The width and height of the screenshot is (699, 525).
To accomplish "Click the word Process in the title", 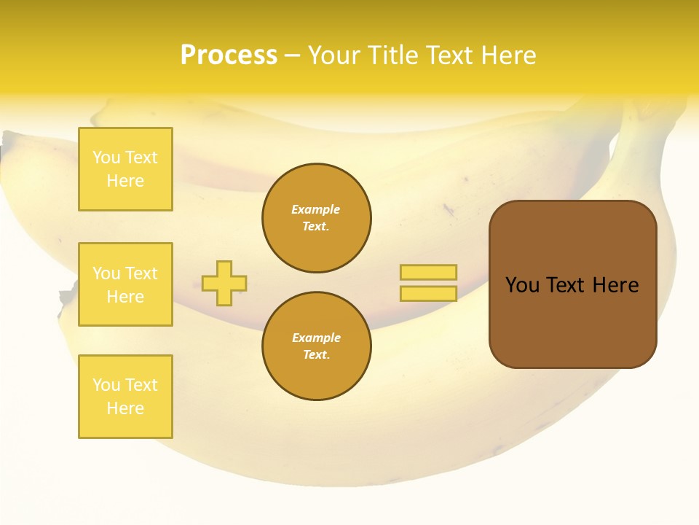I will [x=229, y=55].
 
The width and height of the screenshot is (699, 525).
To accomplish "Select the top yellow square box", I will [x=125, y=169].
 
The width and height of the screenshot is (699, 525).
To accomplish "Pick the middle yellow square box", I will [x=125, y=284].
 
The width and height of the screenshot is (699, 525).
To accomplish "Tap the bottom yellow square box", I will [x=125, y=397].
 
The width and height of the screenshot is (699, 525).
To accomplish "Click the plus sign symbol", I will [x=224, y=283].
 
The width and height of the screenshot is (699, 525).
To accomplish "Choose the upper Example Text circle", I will [x=316, y=218].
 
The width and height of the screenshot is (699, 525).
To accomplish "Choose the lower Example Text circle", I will [x=316, y=346].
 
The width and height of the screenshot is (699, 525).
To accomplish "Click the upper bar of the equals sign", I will [x=428, y=272].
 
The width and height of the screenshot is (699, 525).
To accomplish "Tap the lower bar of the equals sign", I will [x=428, y=294].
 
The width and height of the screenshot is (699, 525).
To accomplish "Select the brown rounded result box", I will [x=572, y=284].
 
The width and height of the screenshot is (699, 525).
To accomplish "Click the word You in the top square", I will [x=106, y=157].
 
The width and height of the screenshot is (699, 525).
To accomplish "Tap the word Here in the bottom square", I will [x=125, y=408].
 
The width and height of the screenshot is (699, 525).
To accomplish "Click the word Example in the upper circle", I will [x=316, y=209].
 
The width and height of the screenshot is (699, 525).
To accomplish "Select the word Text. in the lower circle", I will [x=316, y=355].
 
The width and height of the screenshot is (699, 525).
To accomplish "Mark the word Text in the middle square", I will [x=141, y=273].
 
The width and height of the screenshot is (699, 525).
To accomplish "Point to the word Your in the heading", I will [x=333, y=55].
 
